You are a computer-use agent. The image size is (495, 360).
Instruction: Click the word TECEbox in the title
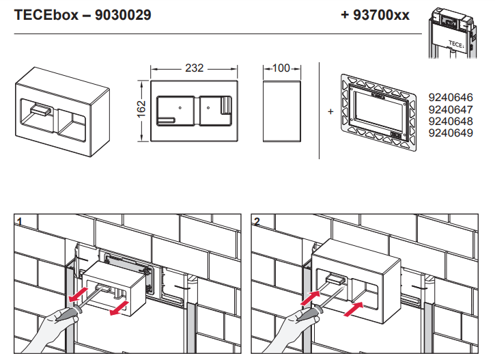(46, 15)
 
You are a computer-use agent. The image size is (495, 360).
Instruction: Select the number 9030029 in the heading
(123, 15)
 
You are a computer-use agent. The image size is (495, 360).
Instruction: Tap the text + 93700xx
(375, 15)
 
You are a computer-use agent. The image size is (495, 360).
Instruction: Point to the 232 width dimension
(194, 68)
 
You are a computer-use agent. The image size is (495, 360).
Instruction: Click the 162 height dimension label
(141, 109)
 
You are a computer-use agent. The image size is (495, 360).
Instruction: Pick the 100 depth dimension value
(281, 68)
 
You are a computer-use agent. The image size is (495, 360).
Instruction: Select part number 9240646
(451, 97)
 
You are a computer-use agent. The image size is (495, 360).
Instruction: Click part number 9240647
(451, 109)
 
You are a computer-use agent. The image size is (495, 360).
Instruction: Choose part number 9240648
(451, 122)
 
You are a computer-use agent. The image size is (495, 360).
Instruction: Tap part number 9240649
(451, 133)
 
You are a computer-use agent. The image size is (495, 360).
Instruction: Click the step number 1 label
(20, 222)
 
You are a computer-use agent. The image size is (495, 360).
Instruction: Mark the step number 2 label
(257, 222)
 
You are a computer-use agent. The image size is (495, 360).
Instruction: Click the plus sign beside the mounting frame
(330, 111)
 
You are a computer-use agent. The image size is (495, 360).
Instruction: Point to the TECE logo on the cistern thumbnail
(456, 44)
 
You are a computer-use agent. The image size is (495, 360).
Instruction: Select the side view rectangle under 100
(282, 111)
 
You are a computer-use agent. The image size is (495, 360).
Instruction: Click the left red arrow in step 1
(79, 295)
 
